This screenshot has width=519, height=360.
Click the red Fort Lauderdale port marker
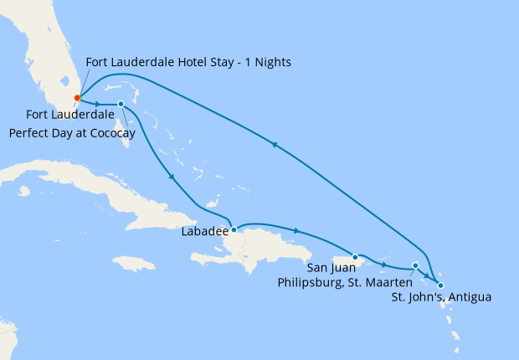pos(77,98)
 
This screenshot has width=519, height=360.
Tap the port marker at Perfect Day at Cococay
pos(121,104)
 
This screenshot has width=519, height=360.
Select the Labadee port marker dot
pos(234,229)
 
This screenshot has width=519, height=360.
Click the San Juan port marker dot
pos(356,257)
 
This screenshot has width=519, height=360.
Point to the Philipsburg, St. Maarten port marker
pos(416,266)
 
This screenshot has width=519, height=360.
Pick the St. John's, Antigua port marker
pos(441,285)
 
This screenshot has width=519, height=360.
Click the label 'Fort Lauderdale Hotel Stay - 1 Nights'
pos(189,63)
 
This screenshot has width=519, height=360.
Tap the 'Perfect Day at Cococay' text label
pos(72,133)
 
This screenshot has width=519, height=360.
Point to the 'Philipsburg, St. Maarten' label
pos(344,282)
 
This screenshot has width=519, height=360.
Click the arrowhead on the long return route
pos(273,144)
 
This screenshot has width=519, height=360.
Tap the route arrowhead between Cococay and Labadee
pos(171,176)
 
